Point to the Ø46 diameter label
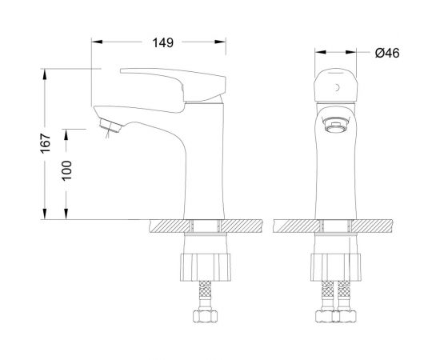386,54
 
